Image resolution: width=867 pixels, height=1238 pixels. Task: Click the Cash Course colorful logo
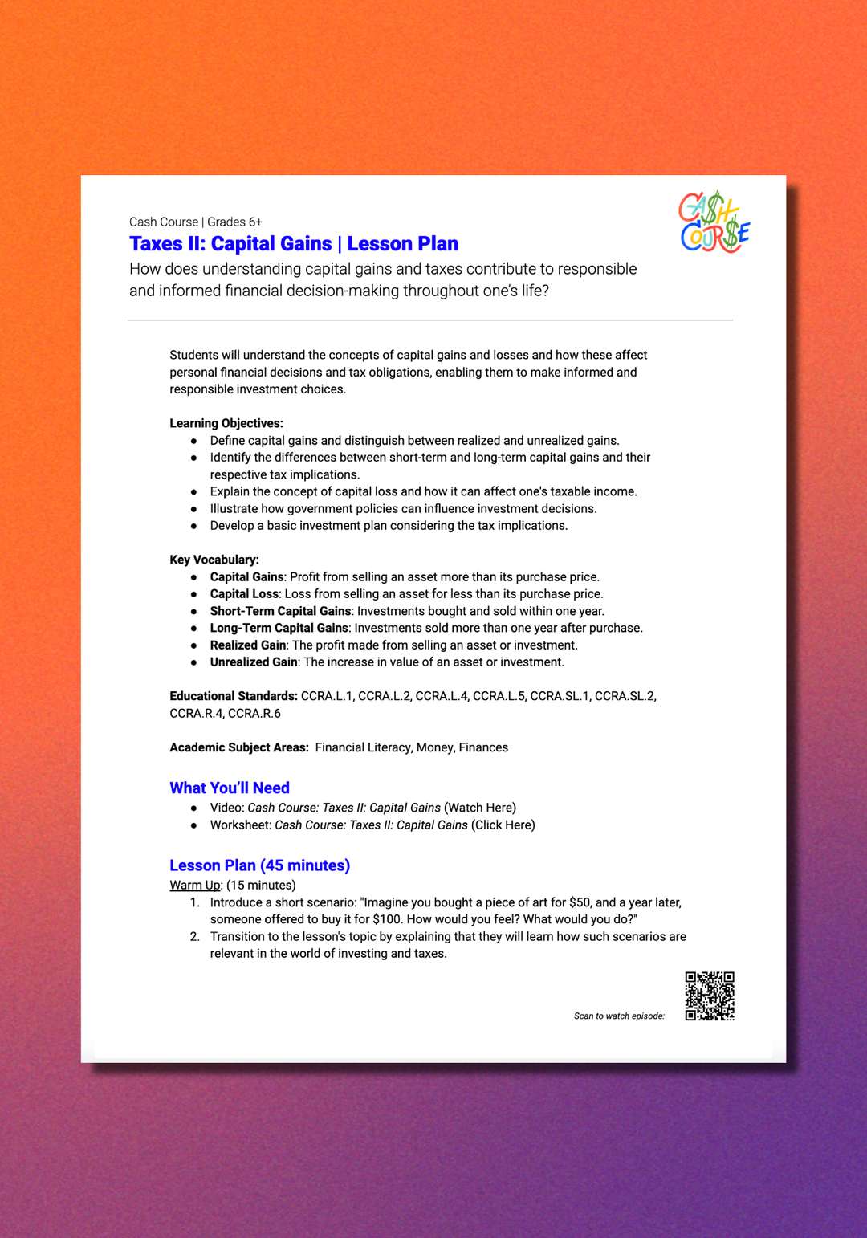[x=714, y=222]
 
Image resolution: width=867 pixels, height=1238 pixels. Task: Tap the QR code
[x=710, y=996]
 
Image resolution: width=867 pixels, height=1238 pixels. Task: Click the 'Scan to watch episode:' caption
[x=619, y=1016]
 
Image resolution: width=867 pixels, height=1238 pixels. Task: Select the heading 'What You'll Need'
[x=230, y=788]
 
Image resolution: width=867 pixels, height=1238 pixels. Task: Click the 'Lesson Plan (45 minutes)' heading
[x=259, y=865]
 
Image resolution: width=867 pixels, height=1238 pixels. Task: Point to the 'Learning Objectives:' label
[x=226, y=423]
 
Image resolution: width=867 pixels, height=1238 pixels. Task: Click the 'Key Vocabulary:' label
[x=214, y=560]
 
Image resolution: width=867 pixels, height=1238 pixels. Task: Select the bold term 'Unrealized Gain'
[x=254, y=662]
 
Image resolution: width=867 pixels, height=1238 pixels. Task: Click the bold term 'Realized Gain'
[x=248, y=645]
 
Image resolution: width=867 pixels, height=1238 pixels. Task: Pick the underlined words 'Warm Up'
[x=195, y=885]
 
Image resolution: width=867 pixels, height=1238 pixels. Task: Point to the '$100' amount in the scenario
[x=387, y=919]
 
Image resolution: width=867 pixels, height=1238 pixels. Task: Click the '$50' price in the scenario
[x=580, y=902]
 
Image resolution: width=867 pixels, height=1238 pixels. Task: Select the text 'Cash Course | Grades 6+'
[x=196, y=222]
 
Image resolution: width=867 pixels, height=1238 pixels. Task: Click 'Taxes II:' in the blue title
[x=167, y=244]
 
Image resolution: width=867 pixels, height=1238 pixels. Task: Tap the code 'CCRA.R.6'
[x=254, y=713]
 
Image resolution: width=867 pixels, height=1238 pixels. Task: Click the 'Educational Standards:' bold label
[x=234, y=696]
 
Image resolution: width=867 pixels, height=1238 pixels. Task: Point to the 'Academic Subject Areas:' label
[x=239, y=747]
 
